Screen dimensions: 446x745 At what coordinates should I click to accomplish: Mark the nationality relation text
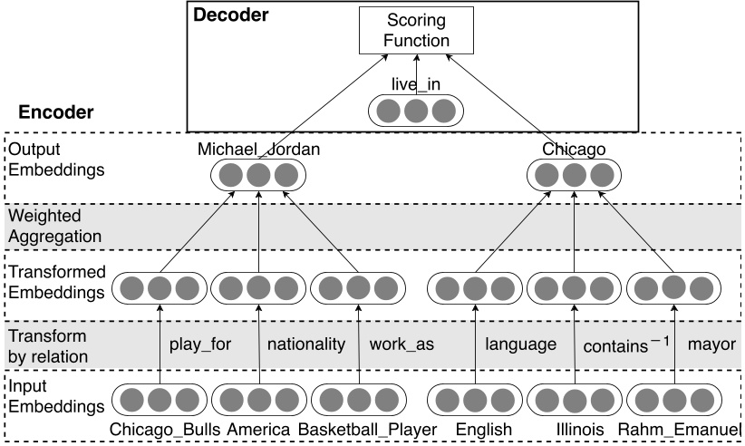(305, 344)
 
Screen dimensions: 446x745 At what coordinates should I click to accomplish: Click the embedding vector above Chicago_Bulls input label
(160, 399)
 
